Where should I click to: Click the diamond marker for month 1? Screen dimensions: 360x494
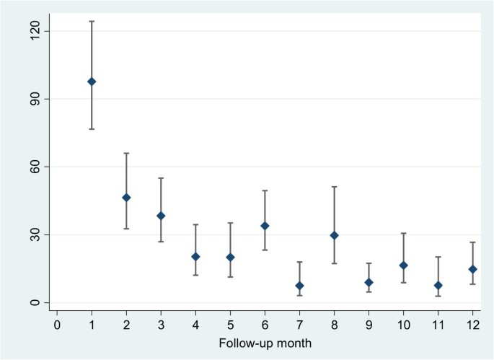(92, 82)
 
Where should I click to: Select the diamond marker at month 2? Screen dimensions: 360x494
(126, 198)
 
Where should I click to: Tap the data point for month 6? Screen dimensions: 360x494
(265, 226)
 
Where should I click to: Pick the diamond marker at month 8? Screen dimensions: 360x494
(334, 235)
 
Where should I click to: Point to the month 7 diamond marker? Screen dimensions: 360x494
(299, 286)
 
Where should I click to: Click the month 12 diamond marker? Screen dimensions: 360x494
(472, 269)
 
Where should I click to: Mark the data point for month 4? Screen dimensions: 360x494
(195, 257)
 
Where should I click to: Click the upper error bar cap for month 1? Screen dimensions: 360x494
(92, 22)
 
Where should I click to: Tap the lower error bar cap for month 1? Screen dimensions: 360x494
(92, 129)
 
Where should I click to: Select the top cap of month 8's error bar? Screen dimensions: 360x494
(334, 187)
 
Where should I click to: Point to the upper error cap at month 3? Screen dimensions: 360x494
(161, 178)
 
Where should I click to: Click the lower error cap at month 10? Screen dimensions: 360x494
(403, 283)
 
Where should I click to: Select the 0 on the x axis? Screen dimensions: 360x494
(57, 325)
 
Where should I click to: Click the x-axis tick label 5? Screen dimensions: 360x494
(230, 325)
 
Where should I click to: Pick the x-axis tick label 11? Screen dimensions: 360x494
(438, 325)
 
